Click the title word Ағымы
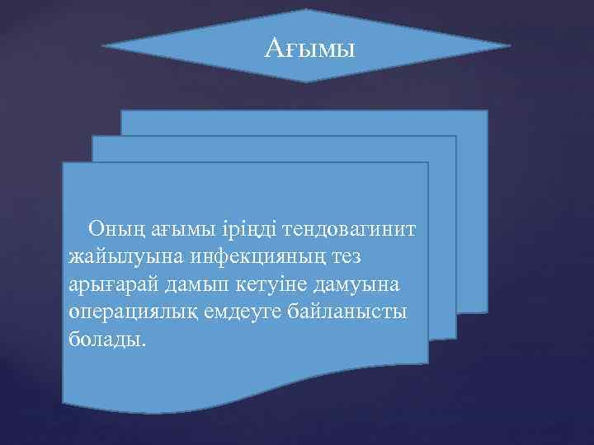[x=309, y=49]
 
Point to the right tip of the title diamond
[x=511, y=46]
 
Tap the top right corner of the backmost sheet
[x=487, y=110]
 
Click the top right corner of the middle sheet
[x=455, y=136]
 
